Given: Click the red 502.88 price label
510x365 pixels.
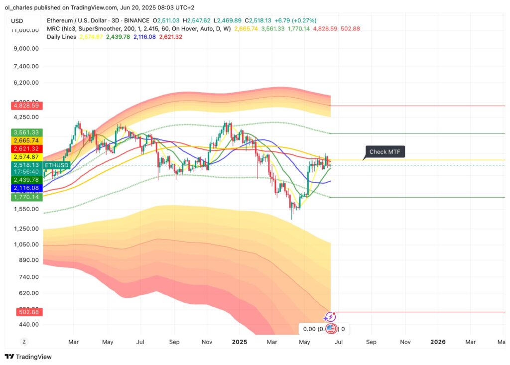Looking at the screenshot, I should point(28,312).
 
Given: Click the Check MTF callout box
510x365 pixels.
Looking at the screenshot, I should point(385,152).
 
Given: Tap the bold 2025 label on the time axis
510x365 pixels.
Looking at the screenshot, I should point(240,342).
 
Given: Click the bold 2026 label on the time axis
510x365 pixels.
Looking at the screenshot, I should point(438,342).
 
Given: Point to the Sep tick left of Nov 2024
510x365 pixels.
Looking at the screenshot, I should point(174,342).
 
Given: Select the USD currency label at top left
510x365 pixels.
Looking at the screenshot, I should point(18,20).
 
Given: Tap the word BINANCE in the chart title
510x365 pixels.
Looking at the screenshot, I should point(136,20).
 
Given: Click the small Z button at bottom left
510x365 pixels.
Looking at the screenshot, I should point(23,342).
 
